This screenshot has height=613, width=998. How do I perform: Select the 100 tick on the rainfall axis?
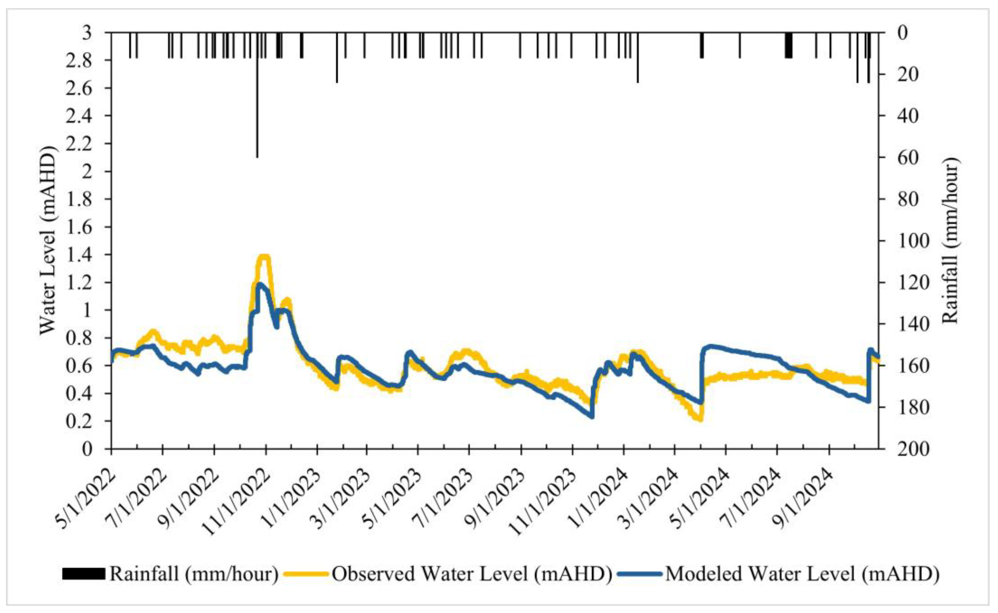(x=913, y=241)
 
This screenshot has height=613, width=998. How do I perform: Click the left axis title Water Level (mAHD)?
(x=48, y=240)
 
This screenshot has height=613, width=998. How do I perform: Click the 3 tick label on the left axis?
(x=87, y=33)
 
